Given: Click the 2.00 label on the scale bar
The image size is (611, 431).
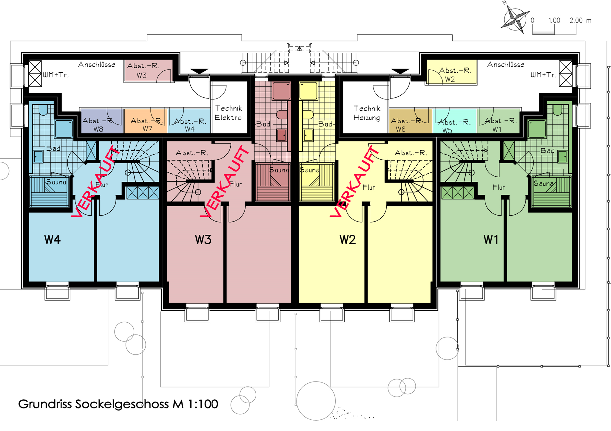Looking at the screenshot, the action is pyautogui.click(x=576, y=20).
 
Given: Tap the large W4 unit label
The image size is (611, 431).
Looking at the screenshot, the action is pyautogui.click(x=53, y=239).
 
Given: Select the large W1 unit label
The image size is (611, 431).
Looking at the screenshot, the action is pyautogui.click(x=491, y=239).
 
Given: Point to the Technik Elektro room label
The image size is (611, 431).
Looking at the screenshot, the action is pyautogui.click(x=229, y=113).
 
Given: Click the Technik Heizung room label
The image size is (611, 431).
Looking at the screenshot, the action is pyautogui.click(x=367, y=113).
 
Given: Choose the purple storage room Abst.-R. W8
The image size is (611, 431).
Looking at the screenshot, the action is pyautogui.click(x=102, y=121).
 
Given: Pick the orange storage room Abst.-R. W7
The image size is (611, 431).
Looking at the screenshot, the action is pyautogui.click(x=146, y=121).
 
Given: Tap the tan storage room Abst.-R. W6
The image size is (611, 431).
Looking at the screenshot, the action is pyautogui.click(x=410, y=121).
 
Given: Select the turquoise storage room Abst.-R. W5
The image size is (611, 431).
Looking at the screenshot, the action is pyautogui.click(x=454, y=121).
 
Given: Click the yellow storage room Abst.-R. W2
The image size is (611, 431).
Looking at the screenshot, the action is pyautogui.click(x=451, y=72).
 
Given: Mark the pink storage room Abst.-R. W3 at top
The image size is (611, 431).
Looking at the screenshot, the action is pyautogui.click(x=148, y=71).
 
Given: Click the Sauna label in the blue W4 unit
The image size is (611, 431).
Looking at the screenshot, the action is pyautogui.click(x=56, y=182).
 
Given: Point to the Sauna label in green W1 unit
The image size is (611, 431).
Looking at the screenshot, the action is pyautogui.click(x=544, y=183).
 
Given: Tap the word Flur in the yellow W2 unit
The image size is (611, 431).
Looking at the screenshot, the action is pyautogui.click(x=369, y=187).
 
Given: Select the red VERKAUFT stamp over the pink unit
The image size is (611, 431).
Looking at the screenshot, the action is pyautogui.click(x=225, y=181).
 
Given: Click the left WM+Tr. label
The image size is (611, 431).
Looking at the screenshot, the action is pyautogui.click(x=56, y=75).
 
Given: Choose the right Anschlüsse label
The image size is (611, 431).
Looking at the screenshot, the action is pyautogui.click(x=506, y=64).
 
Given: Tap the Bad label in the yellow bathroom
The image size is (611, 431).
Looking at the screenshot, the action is pyautogui.click(x=325, y=124).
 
